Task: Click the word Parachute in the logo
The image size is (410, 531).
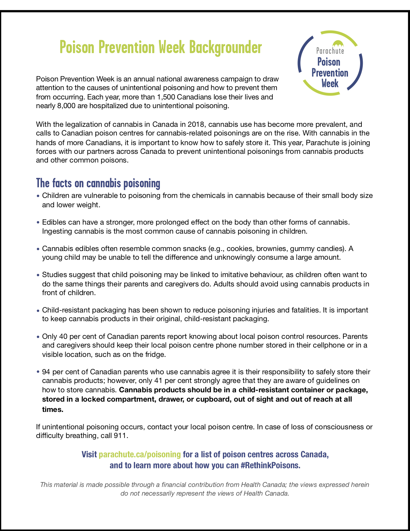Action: [x=330, y=51]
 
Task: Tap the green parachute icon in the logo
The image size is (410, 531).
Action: [x=338, y=43]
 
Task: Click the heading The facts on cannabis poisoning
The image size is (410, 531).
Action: [x=98, y=183]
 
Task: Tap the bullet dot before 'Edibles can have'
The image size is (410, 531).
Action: [x=38, y=222]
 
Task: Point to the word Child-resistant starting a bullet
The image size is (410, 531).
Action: [x=68, y=310]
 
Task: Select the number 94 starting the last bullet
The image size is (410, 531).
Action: [x=46, y=372]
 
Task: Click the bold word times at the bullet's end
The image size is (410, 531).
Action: [x=53, y=409]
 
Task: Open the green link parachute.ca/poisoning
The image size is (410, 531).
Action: [x=140, y=454]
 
